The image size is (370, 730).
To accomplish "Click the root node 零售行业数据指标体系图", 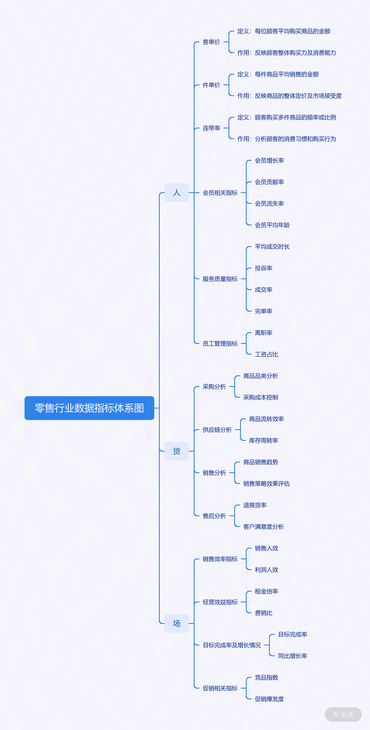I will pos(89,408).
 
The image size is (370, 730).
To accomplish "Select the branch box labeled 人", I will pos(177,193).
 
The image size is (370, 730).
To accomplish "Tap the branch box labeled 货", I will pos(177,451).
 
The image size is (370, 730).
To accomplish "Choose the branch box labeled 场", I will pos(177,624).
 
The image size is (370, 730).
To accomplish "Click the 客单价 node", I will pos(211,42).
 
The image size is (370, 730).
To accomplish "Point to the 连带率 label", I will pos(211,128).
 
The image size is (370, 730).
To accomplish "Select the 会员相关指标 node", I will pos(220,193).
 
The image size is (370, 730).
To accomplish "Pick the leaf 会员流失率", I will pos(269,203).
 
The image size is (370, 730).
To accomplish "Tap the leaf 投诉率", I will pos(264,268).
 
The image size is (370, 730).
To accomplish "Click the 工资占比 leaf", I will pos(267,354).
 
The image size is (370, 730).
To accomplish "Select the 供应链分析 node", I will pos(217,430).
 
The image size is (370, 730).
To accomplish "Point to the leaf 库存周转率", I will pos(264,440).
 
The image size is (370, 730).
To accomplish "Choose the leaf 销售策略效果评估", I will pos(267,483).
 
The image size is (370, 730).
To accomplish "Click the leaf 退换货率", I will pos(255,505).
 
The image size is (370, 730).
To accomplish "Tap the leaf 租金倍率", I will pos(267,591).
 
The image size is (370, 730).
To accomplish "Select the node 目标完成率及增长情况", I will pos(232,645).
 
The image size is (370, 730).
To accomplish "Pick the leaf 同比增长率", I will pos(293,656).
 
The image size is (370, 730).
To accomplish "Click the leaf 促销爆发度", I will pos(269,699).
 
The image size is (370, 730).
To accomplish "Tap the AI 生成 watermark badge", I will pos(343,715).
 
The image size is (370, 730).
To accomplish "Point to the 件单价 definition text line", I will pos(278,74).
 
